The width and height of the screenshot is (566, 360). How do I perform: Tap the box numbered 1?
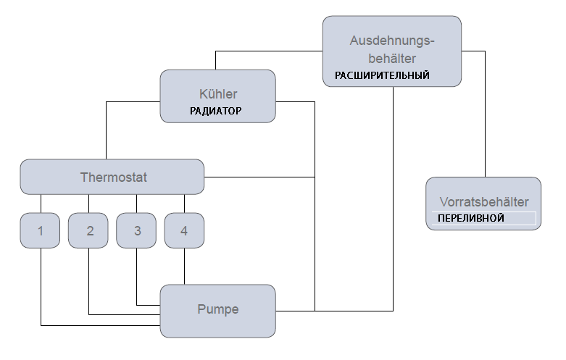click(x=41, y=231)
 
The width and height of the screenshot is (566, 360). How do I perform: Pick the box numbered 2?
click(x=89, y=231)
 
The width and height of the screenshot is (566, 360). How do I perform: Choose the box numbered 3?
click(x=137, y=231)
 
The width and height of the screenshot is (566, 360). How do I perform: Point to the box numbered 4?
click(x=184, y=231)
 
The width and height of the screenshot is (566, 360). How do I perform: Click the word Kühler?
click(x=217, y=94)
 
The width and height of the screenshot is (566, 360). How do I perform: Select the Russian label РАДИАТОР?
click(x=215, y=112)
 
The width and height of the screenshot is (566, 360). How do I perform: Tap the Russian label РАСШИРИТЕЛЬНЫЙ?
click(x=382, y=75)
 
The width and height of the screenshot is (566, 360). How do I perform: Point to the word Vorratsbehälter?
click(x=483, y=202)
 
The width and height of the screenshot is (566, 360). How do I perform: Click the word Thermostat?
click(x=113, y=177)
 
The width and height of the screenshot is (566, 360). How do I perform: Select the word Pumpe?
click(x=217, y=310)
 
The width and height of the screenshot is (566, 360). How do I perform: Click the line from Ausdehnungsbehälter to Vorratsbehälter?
click(x=484, y=116)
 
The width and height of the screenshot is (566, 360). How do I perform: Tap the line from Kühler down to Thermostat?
click(x=107, y=130)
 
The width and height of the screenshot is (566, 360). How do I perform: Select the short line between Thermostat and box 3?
click(x=137, y=204)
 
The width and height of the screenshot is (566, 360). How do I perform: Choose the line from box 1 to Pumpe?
click(x=41, y=290)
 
